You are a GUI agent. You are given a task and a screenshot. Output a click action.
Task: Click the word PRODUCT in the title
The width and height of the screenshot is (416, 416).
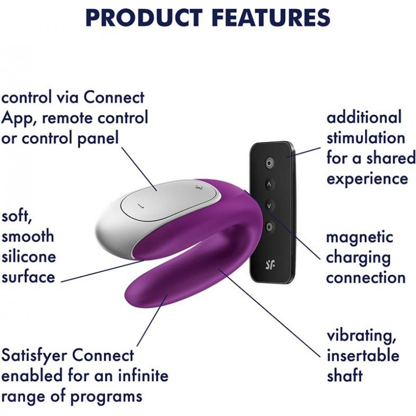pos(144,18)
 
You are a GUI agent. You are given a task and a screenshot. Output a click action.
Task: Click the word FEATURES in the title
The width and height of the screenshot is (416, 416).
pos(271,18)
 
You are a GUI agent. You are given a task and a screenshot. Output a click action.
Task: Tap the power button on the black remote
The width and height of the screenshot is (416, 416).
pos(269,163)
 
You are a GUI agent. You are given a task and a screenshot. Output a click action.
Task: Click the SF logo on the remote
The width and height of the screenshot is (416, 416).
pos(270,265)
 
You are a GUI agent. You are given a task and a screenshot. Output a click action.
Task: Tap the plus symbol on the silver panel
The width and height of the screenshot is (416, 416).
pos(198,188)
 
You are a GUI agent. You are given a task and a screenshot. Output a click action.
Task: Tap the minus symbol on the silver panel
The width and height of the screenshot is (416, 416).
pos(142,205)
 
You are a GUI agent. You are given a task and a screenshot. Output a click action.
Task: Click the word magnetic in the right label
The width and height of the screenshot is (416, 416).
pos(359,238)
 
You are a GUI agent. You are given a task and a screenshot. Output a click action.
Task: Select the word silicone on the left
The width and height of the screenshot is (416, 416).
pos(29,256)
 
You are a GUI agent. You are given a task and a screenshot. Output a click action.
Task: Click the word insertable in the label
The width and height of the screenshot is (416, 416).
pos(362,355)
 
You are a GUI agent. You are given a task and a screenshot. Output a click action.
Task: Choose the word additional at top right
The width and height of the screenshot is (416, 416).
pos(363,117)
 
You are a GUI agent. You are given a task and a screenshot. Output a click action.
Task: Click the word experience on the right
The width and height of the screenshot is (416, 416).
pos(367,178)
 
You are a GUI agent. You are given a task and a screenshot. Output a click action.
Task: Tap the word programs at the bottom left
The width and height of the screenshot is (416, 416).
pos(106,397)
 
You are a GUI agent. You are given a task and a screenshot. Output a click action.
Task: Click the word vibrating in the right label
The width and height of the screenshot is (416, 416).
pos(361,336)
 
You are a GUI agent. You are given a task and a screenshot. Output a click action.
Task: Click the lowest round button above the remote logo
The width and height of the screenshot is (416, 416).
pos(269,227)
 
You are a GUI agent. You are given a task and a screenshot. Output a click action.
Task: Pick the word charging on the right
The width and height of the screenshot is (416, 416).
pos(358,258)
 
